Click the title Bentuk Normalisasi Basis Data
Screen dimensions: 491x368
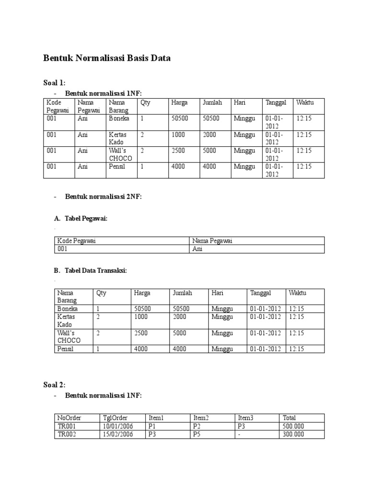[x=107, y=58]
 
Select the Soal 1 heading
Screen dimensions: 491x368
[x=55, y=83]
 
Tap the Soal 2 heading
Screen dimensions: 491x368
[x=55, y=385]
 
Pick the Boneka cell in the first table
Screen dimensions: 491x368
[x=119, y=118]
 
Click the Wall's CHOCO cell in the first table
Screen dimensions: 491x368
[x=120, y=154]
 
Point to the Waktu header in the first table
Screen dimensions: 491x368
[x=305, y=103]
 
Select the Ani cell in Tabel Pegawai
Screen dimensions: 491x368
[x=197, y=249]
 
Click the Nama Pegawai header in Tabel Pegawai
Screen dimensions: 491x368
[x=212, y=241]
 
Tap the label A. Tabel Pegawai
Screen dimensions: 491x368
[x=81, y=219]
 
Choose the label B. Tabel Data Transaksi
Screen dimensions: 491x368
[x=91, y=270]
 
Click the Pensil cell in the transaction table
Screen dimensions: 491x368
[x=66, y=349]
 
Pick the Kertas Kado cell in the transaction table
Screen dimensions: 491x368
[x=67, y=321]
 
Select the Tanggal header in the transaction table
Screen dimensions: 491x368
[x=261, y=293]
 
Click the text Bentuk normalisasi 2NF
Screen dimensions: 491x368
[x=103, y=197]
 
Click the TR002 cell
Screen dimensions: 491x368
[x=68, y=434]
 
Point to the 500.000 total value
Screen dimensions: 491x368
[x=294, y=426]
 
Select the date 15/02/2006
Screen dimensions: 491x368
[x=118, y=434]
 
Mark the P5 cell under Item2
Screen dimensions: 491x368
[x=197, y=434]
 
